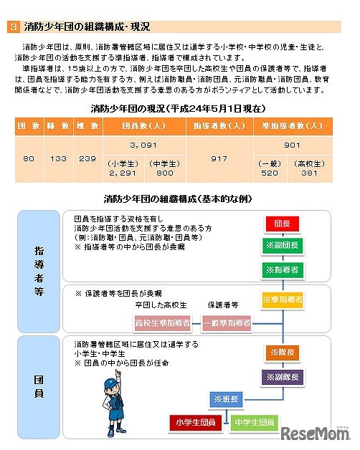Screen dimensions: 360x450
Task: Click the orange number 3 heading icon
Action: (14, 27)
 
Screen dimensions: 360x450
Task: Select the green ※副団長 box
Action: (282, 246)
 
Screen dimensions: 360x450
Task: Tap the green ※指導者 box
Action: (282, 269)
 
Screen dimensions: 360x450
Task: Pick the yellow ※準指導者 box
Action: (282, 298)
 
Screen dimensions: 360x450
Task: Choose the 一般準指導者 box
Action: (227, 323)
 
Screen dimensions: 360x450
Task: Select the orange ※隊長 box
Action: (282, 352)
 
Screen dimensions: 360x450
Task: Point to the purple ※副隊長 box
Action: (282, 375)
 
